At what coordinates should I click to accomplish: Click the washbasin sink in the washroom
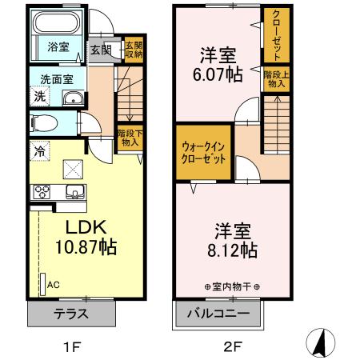[x=73, y=98]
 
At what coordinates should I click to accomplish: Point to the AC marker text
[x=54, y=284]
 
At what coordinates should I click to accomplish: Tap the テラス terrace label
[x=71, y=314]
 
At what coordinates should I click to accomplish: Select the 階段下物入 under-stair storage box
[x=128, y=138]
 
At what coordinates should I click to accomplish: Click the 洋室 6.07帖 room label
[x=217, y=65]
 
